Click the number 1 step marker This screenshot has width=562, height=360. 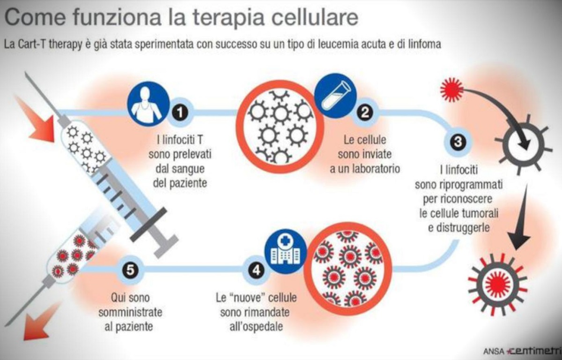[x=180, y=112]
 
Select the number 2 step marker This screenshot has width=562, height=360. [x=364, y=112]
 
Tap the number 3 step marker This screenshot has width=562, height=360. [x=458, y=142]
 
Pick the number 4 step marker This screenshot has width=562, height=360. [x=256, y=270]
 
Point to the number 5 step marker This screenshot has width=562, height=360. [x=130, y=270]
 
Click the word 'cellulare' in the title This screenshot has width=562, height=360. [x=315, y=17]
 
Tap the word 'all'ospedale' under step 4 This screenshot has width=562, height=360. [x=256, y=327]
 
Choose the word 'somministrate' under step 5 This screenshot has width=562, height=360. [x=130, y=313]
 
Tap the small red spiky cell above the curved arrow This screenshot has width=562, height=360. [x=452, y=90]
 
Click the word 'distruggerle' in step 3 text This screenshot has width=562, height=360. [x=458, y=228]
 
